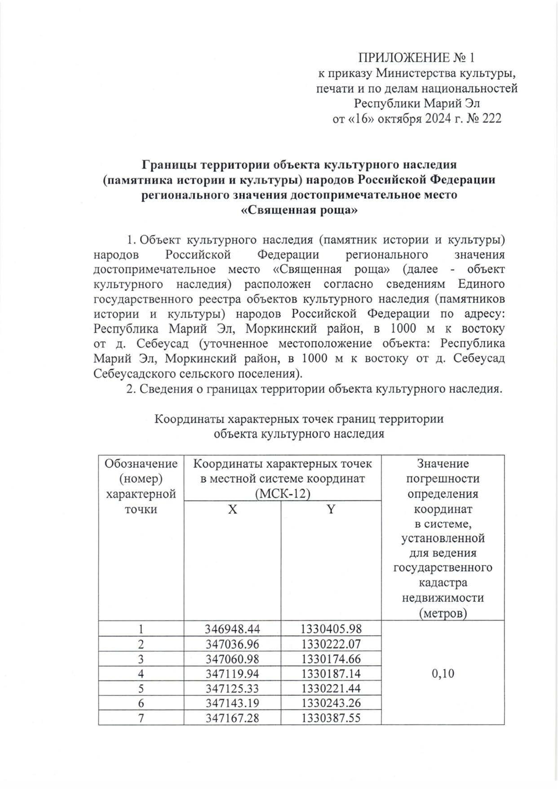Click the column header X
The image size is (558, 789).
tap(232, 509)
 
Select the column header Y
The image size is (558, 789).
tap(331, 509)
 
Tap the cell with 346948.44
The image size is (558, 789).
tap(232, 629)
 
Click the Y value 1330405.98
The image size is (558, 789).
tap(331, 629)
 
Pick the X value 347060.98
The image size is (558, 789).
tap(232, 659)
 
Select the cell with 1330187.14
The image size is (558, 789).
tap(331, 674)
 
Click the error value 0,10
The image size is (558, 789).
tap(442, 674)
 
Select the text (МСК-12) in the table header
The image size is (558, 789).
tap(282, 493)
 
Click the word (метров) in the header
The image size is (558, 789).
tap(442, 613)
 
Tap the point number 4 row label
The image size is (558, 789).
tap(141, 674)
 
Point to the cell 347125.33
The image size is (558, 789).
tap(232, 688)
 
